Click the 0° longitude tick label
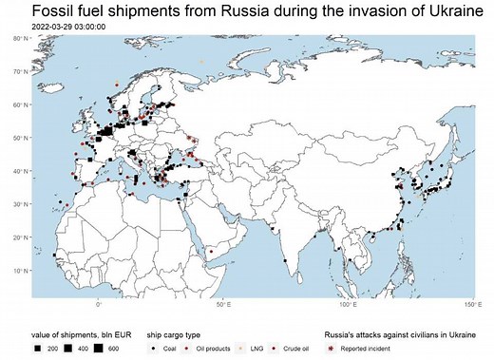click(99, 305)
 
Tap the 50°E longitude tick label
click(226, 305)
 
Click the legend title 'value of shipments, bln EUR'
click(66, 335)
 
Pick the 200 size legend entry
click(47, 350)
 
